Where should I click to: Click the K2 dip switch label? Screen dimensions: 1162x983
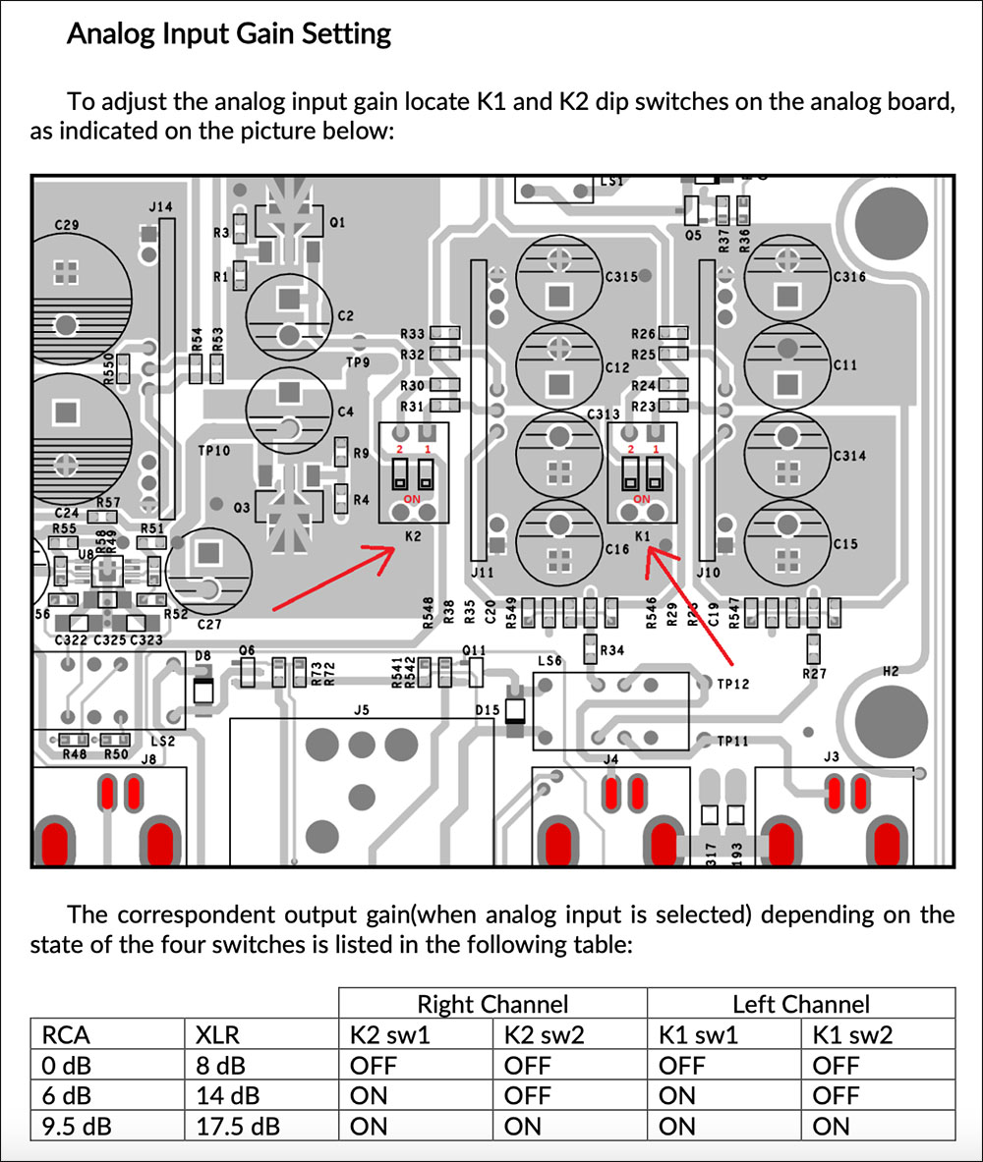coord(414,536)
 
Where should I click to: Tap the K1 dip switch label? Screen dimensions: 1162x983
coord(643,536)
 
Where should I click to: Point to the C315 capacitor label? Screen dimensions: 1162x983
coord(620,278)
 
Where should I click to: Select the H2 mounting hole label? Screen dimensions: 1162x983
coord(890,673)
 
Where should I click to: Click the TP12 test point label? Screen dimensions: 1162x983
coord(733,684)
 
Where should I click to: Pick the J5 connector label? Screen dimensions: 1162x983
coord(362,709)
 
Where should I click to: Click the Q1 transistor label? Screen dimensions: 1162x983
coord(337,223)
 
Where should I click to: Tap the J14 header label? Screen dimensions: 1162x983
coord(160,207)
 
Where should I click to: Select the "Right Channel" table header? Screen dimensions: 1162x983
coord(492,1004)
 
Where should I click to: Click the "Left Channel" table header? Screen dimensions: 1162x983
coord(801,1004)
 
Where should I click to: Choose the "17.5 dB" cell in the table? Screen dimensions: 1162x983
coord(233,1126)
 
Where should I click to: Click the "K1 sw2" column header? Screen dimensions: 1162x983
coord(853,1034)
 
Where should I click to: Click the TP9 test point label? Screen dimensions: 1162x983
coord(358,362)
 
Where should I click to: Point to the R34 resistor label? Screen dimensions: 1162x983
coord(611,650)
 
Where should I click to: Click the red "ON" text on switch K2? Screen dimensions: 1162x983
coord(413,499)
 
